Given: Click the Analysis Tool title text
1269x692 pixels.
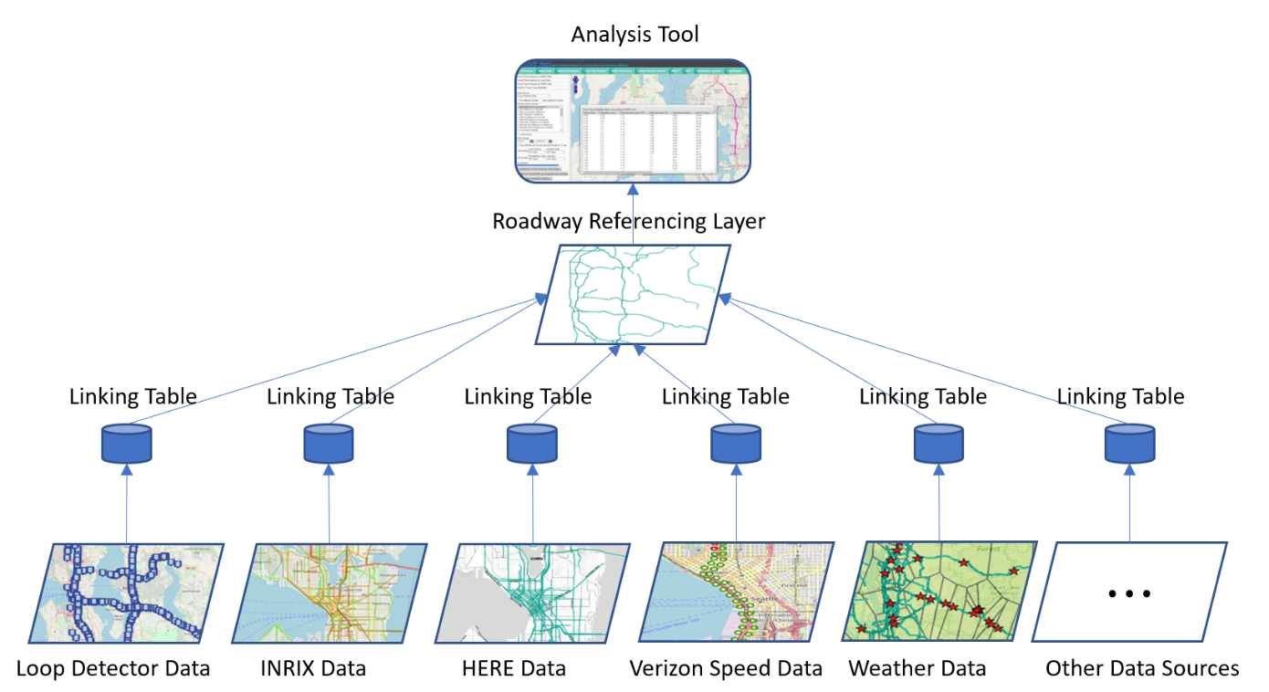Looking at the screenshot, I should coord(634,35).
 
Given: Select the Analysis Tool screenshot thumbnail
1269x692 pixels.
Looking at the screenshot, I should coord(633,121).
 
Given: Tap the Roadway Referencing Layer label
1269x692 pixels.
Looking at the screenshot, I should coord(628,221).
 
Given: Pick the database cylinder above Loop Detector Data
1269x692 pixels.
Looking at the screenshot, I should coord(126,444).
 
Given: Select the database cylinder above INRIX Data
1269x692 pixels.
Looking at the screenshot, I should coord(329,444).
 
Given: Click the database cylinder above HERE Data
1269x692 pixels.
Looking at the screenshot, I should coord(532,444).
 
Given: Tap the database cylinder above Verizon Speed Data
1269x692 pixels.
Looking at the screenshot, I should coord(736,444).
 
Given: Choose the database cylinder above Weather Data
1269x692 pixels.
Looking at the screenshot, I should coord(939,444).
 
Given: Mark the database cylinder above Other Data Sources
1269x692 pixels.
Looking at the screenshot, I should coord(1130,444).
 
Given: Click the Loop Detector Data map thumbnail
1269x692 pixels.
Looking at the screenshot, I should coord(126,592).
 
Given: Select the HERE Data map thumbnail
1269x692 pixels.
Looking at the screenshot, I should coord(532,592).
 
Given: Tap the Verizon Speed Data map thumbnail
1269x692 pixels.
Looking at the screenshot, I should coord(736,592).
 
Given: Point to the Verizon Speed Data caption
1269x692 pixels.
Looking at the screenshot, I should coord(726,668).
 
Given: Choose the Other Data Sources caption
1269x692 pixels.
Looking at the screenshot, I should coord(1142,668).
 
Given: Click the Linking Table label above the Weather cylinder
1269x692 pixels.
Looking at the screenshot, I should coord(923,396).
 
